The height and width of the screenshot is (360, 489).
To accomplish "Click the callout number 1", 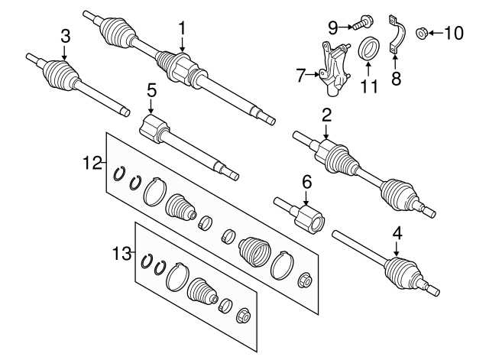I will tap(183, 28).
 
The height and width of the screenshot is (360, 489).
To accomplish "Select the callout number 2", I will tap(326, 117).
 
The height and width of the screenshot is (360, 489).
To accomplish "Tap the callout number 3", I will tap(65, 35).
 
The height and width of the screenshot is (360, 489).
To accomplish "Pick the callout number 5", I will tap(151, 91).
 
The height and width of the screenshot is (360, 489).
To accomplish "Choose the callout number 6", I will tap(307, 182).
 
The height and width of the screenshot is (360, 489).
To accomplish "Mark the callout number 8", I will tap(395, 77).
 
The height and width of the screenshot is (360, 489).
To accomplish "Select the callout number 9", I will tap(332, 27).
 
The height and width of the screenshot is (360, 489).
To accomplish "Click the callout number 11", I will tap(369, 86).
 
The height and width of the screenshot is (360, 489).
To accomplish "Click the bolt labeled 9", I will tap(359, 24).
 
